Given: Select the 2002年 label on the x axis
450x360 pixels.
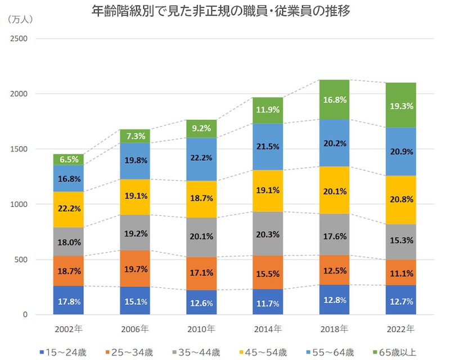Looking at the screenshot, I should [69, 328].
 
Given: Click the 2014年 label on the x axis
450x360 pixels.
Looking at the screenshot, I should [267, 328].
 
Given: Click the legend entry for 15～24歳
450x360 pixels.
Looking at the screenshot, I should [63, 353].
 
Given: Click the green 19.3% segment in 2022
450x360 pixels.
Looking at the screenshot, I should [400, 105].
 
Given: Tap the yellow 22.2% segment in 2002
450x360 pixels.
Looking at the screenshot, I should [69, 209].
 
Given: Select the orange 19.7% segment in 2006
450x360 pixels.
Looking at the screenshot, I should [135, 269].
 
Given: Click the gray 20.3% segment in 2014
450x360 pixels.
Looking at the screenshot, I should [267, 234].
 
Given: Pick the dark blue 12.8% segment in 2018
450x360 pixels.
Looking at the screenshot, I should [334, 300].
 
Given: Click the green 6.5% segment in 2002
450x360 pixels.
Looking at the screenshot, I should [69, 160].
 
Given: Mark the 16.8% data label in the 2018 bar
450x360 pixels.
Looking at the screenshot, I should [334, 100].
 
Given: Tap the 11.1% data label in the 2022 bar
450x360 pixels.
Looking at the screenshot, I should [400, 274].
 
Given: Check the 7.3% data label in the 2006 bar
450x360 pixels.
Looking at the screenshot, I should [135, 136].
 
